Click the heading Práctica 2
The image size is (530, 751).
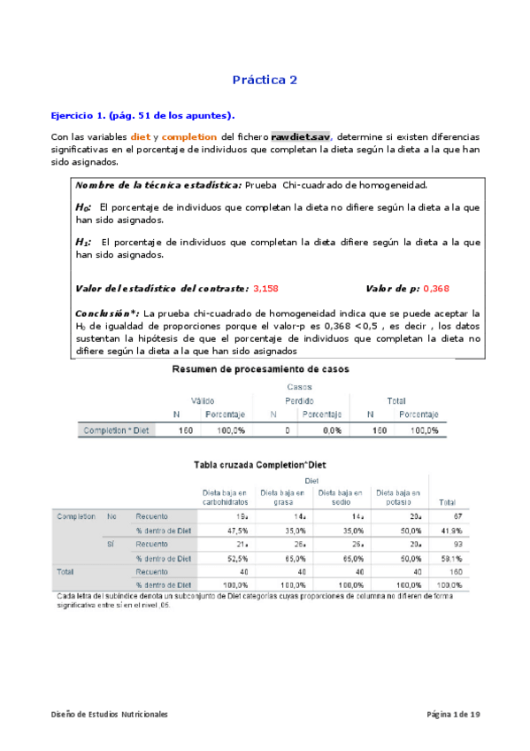coord(265,80)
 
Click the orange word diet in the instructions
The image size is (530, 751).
coord(140,138)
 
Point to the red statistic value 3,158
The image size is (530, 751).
coord(265,289)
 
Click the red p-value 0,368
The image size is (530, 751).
coord(436,289)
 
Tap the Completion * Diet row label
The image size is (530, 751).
coord(115,430)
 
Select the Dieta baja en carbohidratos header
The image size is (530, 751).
coord(225,496)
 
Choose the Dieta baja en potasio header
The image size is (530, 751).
coord(398,496)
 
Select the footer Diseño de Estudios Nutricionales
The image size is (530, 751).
coord(108,714)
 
